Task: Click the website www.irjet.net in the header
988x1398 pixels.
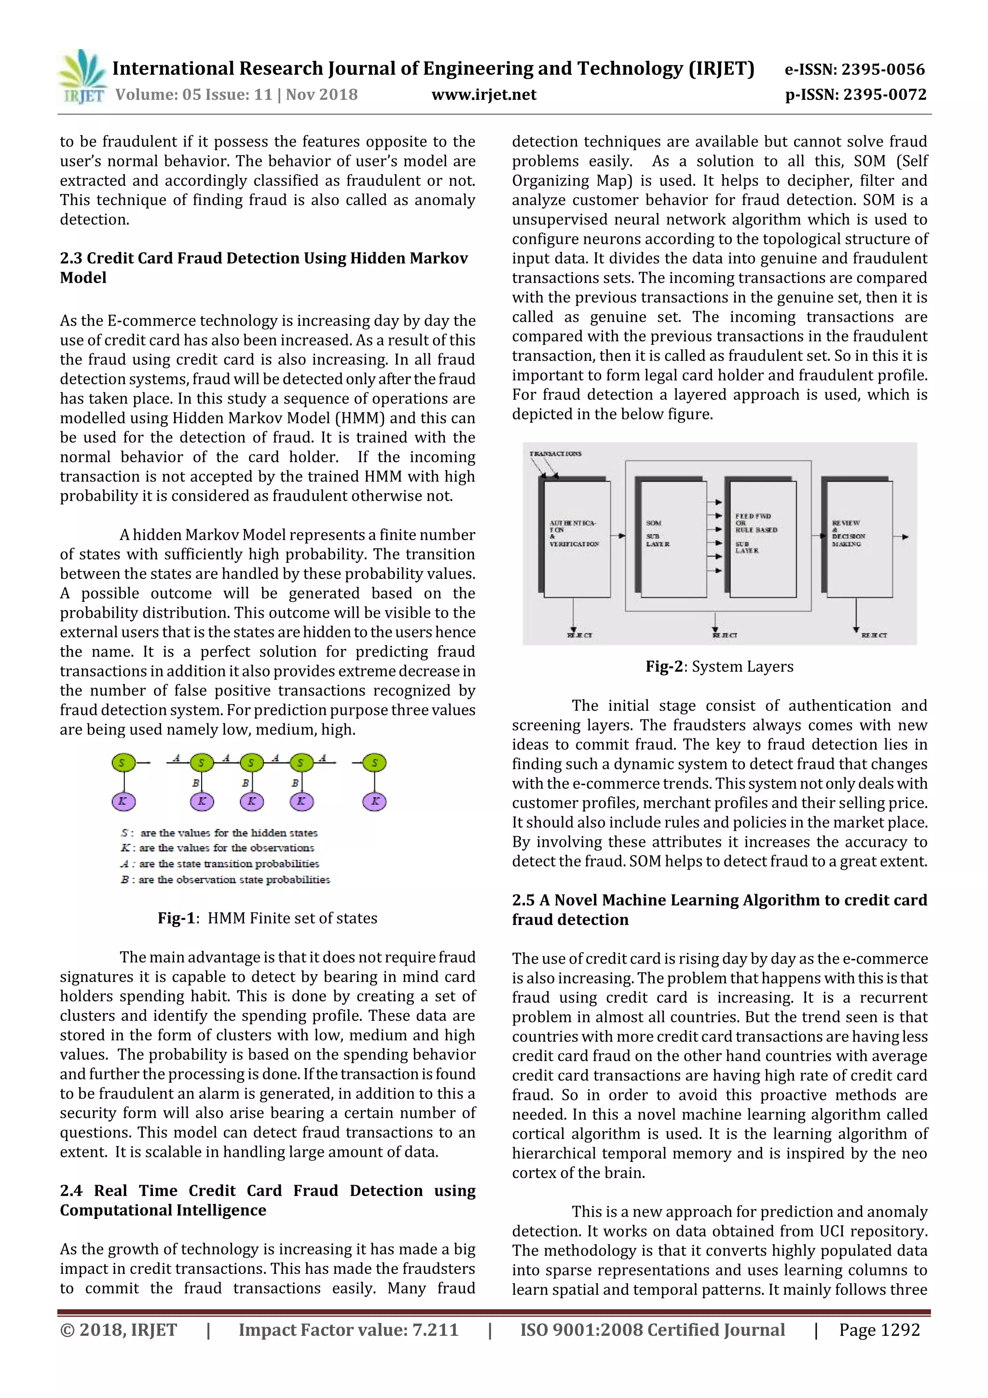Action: pyautogui.click(x=483, y=95)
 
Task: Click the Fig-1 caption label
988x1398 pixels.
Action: pyautogui.click(x=176, y=918)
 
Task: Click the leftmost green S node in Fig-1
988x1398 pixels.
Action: pyautogui.click(x=123, y=762)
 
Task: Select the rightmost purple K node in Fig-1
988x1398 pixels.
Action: pyautogui.click(x=374, y=801)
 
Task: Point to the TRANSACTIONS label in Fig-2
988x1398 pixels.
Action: pyautogui.click(x=555, y=454)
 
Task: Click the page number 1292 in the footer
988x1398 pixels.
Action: pyautogui.click(x=898, y=1330)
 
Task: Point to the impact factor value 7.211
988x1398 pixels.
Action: pyautogui.click(x=435, y=1330)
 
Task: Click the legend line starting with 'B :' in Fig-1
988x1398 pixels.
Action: pyautogui.click(x=225, y=880)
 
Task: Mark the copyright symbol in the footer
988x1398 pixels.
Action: pyautogui.click(x=67, y=1330)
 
